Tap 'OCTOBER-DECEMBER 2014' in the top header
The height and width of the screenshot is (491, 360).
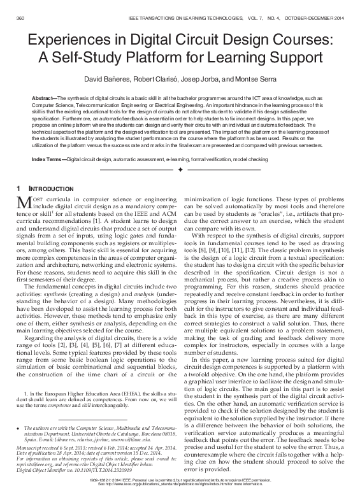point(321,6)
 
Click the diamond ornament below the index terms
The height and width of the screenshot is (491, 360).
point(180,171)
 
